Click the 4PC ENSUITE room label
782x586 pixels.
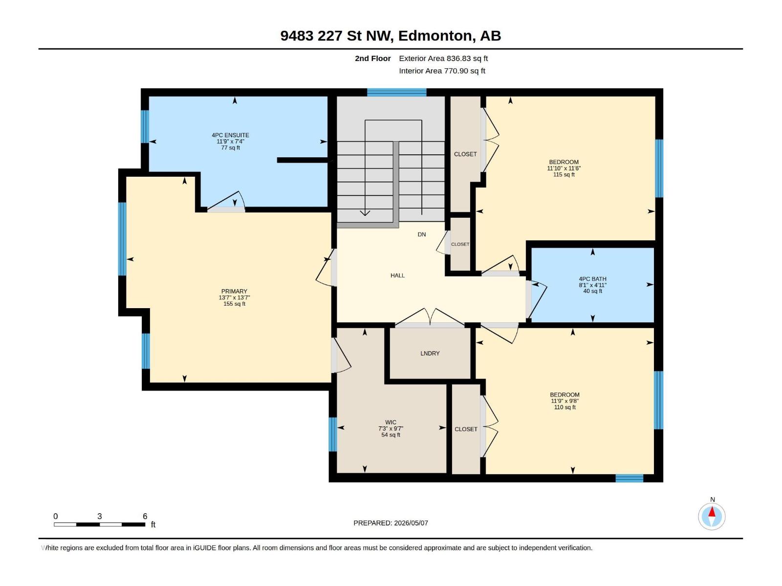(x=230, y=135)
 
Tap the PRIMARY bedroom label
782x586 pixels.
(x=234, y=291)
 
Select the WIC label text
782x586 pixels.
(x=391, y=422)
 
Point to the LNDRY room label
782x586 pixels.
(x=430, y=353)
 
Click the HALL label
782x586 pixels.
(x=397, y=275)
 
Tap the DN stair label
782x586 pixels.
(x=421, y=234)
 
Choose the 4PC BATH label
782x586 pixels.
(x=592, y=279)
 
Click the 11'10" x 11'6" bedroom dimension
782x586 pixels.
(x=564, y=168)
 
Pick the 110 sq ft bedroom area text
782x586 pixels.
(x=565, y=407)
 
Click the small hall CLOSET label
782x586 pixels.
(x=460, y=245)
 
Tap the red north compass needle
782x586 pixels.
(x=712, y=512)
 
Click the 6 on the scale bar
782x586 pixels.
(x=145, y=516)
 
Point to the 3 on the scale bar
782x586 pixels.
(x=99, y=516)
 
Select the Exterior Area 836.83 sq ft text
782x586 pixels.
(x=443, y=58)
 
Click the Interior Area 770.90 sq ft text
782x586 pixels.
(x=442, y=71)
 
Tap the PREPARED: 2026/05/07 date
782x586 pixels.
(x=391, y=523)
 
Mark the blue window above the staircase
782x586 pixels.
(x=396, y=92)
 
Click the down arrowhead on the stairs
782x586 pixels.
(x=365, y=213)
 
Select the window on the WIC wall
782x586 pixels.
(x=332, y=435)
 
